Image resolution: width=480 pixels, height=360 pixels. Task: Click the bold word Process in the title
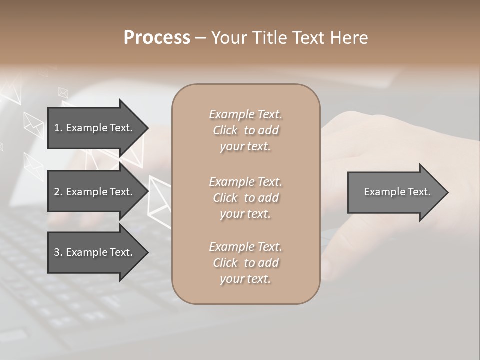(x=157, y=38)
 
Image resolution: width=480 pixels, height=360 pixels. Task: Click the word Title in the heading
(x=271, y=38)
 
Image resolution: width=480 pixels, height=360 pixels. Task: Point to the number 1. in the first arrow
(x=58, y=128)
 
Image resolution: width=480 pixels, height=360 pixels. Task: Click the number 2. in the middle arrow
(x=58, y=192)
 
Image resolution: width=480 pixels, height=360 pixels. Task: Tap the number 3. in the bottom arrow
(x=58, y=252)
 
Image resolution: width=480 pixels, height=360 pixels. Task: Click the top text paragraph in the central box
(x=245, y=130)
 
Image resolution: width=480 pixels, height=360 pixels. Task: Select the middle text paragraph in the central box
(x=245, y=198)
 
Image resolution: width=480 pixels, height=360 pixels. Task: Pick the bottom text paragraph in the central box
(x=245, y=263)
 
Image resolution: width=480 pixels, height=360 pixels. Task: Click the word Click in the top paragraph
(x=225, y=130)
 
